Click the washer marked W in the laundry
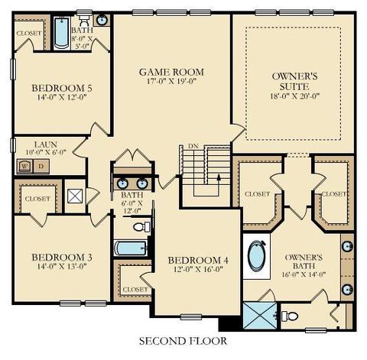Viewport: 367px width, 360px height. [x=25, y=167]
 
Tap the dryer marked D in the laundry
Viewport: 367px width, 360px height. [x=41, y=167]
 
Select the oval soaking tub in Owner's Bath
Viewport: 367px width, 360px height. [x=257, y=256]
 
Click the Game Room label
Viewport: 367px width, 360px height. [x=171, y=72]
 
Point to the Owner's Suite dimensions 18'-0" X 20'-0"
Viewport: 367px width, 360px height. [x=295, y=96]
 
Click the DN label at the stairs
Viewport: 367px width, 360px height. [x=193, y=146]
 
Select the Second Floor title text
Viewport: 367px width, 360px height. [x=183, y=341]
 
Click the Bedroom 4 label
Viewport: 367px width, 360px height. [x=198, y=260]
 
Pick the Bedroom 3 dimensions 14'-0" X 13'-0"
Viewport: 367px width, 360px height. [x=62, y=267]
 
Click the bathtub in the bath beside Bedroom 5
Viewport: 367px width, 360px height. [x=62, y=33]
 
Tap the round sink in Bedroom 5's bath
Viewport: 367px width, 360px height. [x=102, y=20]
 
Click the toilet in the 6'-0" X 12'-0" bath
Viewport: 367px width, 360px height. [x=141, y=227]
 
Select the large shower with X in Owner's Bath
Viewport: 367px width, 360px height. [x=260, y=315]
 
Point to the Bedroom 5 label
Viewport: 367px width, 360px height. [x=62, y=88]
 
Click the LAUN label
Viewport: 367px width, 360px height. [x=46, y=144]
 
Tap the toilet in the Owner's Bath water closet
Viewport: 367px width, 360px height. [x=290, y=316]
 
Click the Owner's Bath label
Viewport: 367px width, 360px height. [x=304, y=261]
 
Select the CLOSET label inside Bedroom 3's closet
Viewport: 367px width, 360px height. [x=37, y=199]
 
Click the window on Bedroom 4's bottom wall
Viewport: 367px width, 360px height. [x=191, y=317]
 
